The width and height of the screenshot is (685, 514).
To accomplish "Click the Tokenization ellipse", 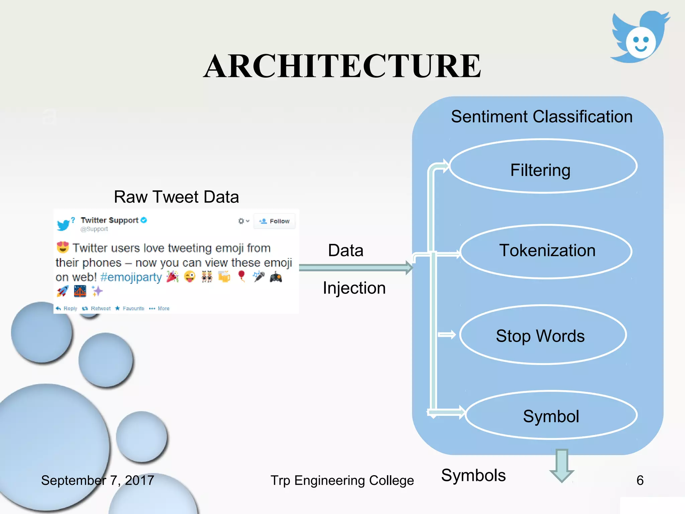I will [x=546, y=251].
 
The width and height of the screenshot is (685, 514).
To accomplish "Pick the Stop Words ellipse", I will [x=543, y=335].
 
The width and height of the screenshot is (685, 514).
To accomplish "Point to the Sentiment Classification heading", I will [x=541, y=116].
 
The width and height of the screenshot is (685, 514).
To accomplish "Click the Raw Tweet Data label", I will [x=176, y=197].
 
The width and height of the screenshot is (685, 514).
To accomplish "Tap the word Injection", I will [x=354, y=288].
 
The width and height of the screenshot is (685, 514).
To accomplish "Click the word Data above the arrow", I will [x=346, y=250].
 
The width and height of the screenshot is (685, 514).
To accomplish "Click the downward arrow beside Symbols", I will [x=562, y=465].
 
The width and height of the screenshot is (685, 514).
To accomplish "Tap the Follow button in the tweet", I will [x=275, y=221].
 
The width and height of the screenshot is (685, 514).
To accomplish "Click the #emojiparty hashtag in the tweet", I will [x=131, y=277].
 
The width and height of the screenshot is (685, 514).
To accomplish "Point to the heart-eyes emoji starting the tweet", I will [x=63, y=247].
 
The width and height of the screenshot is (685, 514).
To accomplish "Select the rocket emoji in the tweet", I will [x=63, y=291].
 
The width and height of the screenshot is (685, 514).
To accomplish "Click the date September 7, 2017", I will [x=97, y=480].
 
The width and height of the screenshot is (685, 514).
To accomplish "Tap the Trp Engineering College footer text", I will [x=342, y=480].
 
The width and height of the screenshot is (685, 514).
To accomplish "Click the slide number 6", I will [x=640, y=480].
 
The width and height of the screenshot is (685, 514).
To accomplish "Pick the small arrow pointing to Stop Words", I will [x=447, y=334].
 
